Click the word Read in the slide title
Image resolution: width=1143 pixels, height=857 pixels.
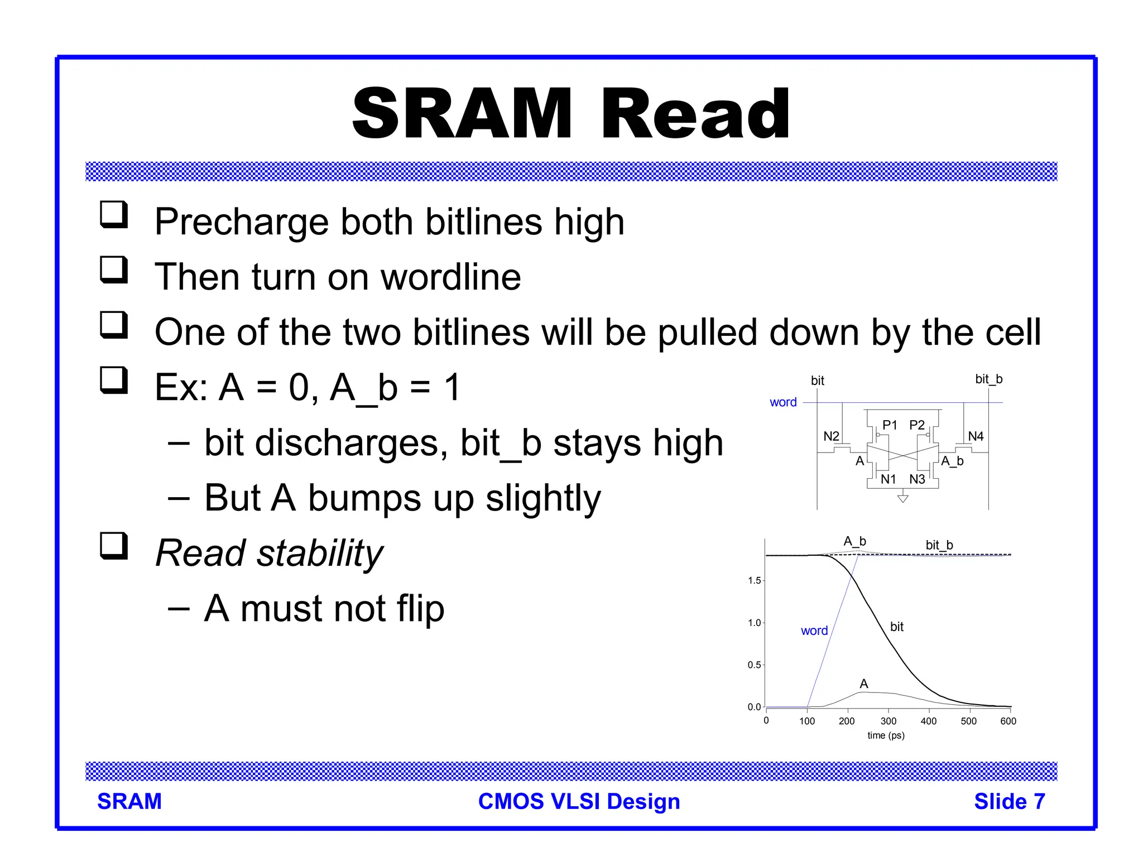click(x=695, y=114)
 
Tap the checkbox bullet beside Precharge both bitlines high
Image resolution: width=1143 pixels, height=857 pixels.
click(x=114, y=215)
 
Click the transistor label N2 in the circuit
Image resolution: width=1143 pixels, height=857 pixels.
click(x=831, y=436)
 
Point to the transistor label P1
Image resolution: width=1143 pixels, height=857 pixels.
click(x=890, y=425)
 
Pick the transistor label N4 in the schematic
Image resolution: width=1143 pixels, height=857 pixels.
click(x=976, y=436)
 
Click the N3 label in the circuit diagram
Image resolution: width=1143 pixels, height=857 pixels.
click(x=917, y=479)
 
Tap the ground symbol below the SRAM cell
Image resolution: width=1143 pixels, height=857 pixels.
click(x=902, y=498)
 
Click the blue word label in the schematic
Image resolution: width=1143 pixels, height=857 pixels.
click(x=783, y=402)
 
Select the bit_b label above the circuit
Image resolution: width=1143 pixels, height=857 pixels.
click(x=988, y=379)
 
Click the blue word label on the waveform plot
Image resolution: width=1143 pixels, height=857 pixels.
click(x=814, y=631)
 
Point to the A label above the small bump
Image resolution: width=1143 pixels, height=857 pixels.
click(x=864, y=684)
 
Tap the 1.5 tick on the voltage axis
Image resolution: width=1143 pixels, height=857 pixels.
click(x=754, y=581)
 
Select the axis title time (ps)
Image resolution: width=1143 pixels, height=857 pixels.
click(x=886, y=736)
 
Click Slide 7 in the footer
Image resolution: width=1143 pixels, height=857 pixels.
click(x=1009, y=802)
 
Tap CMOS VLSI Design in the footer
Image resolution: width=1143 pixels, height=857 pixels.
click(x=579, y=802)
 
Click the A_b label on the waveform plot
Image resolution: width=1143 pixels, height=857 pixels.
click(x=854, y=541)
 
